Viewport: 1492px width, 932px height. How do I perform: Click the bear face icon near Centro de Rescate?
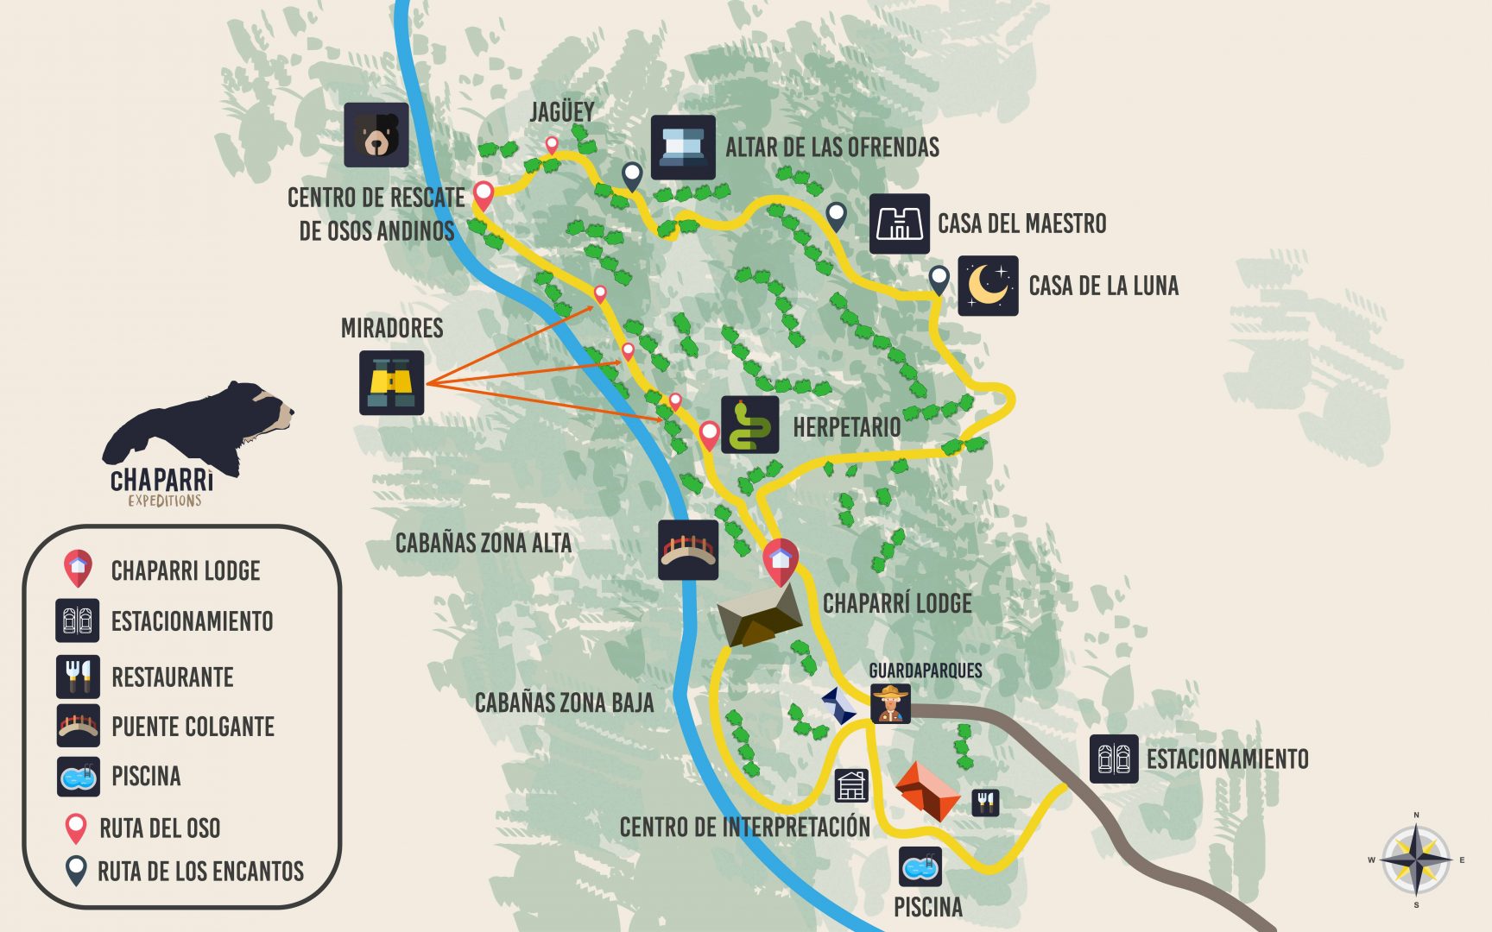tap(376, 135)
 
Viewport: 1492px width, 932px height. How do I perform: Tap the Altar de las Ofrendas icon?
tap(682, 147)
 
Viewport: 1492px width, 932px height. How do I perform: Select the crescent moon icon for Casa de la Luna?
tap(988, 286)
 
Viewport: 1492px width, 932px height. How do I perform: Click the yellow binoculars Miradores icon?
tap(391, 382)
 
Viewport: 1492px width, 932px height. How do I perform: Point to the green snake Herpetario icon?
tap(749, 425)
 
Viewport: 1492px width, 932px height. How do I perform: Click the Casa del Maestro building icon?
tap(899, 224)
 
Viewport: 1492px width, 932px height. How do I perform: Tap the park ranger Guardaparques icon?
tap(890, 703)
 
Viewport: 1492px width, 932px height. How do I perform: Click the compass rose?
tap(1416, 860)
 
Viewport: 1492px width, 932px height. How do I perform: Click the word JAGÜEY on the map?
tap(561, 112)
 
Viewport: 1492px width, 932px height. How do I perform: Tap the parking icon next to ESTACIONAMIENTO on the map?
tap(1113, 759)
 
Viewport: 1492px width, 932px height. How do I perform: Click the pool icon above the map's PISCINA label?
tap(920, 866)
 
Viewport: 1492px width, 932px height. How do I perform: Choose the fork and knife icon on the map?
tap(985, 803)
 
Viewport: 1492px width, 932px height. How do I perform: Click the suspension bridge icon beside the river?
tap(687, 550)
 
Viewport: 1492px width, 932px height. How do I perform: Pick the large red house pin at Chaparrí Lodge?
tap(781, 559)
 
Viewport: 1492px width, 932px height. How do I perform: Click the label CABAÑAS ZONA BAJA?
tap(564, 702)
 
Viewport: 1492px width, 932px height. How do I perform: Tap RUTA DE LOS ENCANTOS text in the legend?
tap(200, 872)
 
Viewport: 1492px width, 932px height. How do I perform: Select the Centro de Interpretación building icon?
tap(851, 785)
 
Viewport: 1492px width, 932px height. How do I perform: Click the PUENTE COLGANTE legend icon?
tap(78, 726)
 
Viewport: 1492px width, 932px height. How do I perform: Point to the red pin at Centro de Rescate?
tap(484, 194)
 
